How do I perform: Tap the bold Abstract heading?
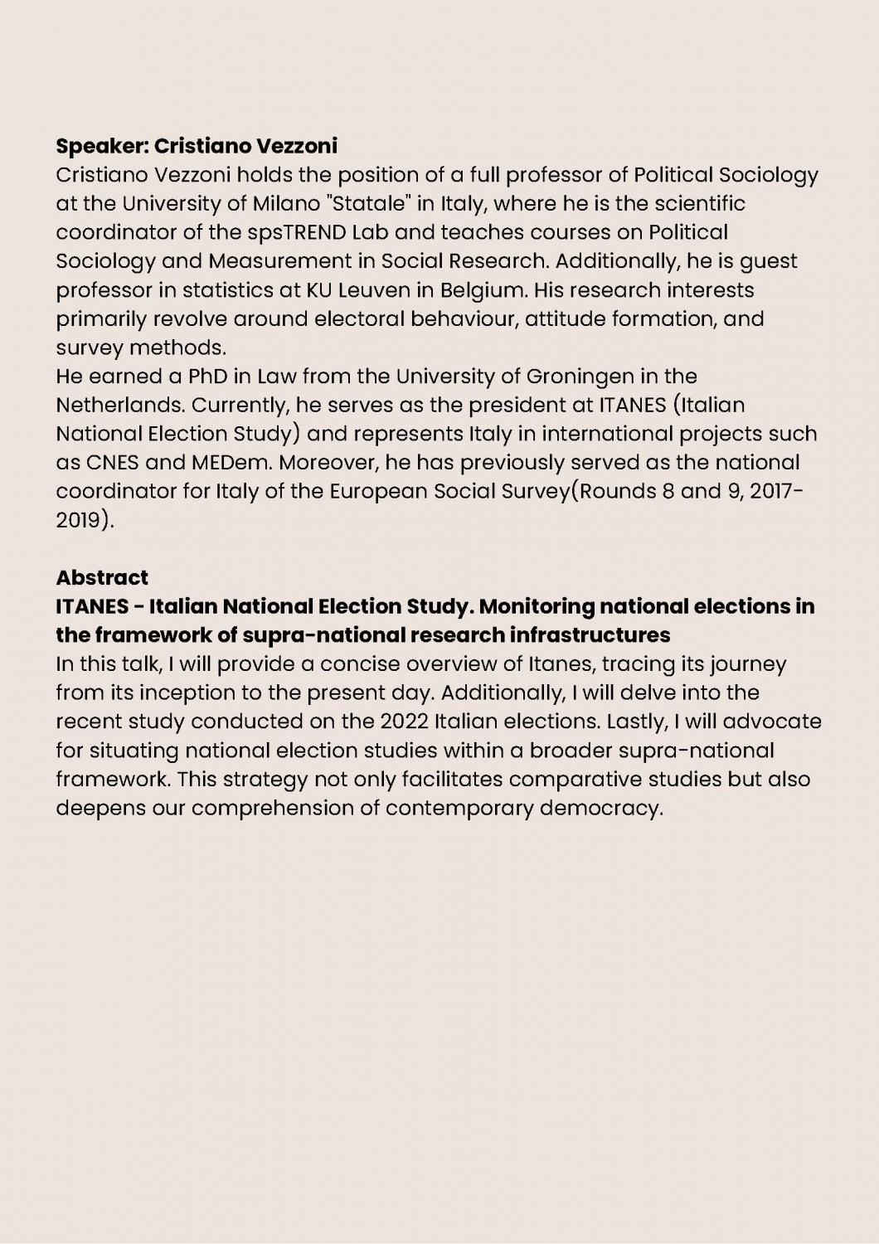coord(102,577)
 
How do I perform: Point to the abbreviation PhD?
coord(208,377)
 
